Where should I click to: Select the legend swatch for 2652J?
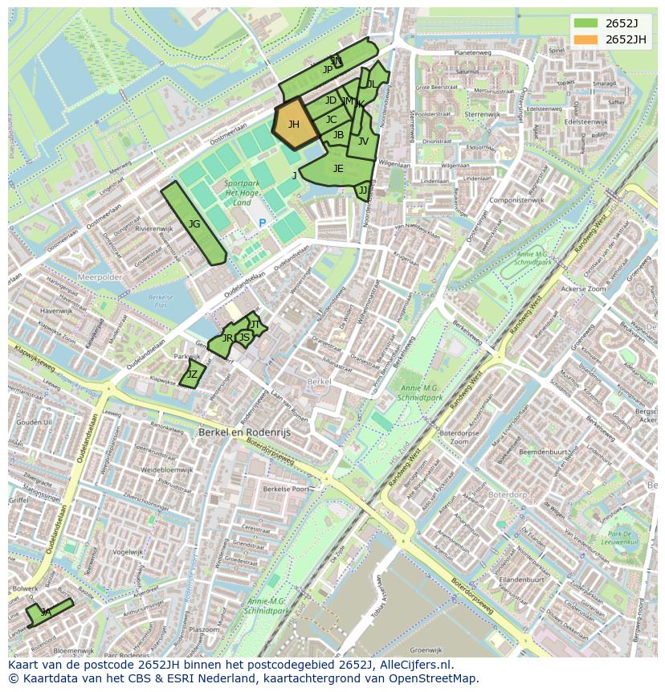tap(585, 23)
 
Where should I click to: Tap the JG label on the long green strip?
tap(194, 224)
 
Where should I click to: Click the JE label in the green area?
tap(338, 168)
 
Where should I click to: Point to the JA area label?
tap(46, 612)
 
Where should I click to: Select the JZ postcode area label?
tap(192, 375)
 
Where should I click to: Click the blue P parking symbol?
tap(262, 223)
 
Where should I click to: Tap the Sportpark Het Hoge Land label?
tap(242, 193)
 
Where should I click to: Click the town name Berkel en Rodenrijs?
tap(244, 432)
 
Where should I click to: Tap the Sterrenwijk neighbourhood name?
tap(483, 114)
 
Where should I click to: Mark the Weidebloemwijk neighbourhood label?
tap(167, 469)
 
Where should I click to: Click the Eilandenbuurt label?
tap(521, 579)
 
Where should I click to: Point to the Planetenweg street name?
tap(472, 52)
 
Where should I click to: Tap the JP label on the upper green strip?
tap(327, 70)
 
